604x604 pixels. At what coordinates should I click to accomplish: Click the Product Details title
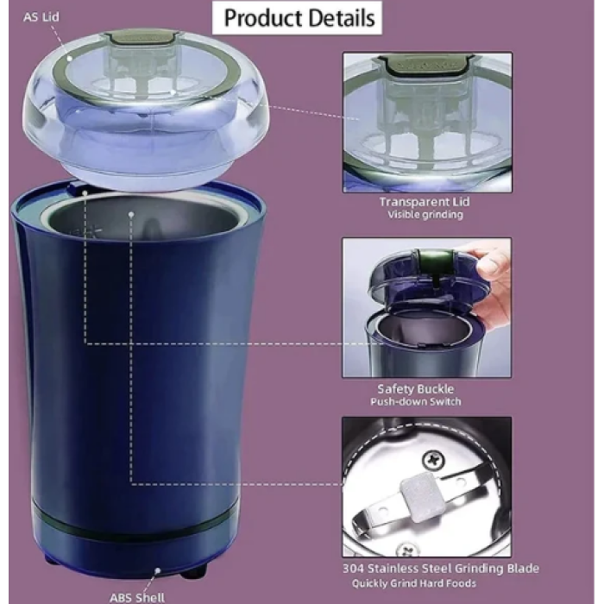(x=299, y=18)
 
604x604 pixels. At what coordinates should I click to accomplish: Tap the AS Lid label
(x=41, y=17)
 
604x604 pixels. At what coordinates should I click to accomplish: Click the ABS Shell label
(x=137, y=597)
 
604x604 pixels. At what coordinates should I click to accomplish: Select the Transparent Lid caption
(x=425, y=202)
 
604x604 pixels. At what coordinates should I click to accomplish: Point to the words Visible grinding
(x=425, y=215)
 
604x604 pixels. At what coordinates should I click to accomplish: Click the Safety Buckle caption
(x=416, y=389)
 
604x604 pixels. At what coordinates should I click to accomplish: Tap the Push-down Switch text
(x=416, y=402)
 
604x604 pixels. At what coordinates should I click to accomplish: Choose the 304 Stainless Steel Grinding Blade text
(x=441, y=569)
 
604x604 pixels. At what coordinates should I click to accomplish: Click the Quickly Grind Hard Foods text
(x=414, y=583)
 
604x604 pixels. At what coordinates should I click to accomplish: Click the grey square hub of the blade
(x=422, y=497)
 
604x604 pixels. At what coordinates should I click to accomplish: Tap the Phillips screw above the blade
(x=434, y=460)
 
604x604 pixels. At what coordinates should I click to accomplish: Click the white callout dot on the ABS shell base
(x=158, y=570)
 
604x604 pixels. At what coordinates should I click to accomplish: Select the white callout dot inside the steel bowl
(x=131, y=214)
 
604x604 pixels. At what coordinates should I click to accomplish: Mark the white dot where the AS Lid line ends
(x=70, y=59)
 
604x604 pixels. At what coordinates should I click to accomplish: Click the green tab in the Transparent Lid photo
(x=426, y=64)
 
